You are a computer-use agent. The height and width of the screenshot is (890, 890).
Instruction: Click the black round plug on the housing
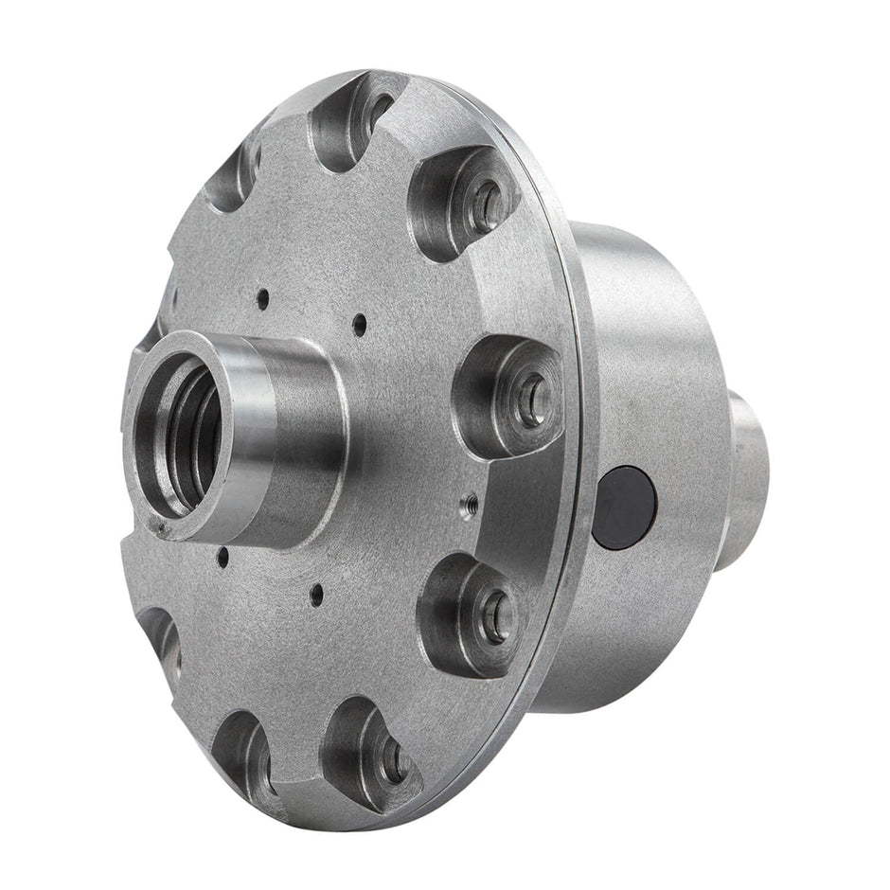pyautogui.click(x=623, y=507)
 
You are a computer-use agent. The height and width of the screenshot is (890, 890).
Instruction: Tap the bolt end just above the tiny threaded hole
pyautogui.click(x=530, y=398)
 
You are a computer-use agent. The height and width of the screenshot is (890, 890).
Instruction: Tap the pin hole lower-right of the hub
pyautogui.click(x=316, y=594)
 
